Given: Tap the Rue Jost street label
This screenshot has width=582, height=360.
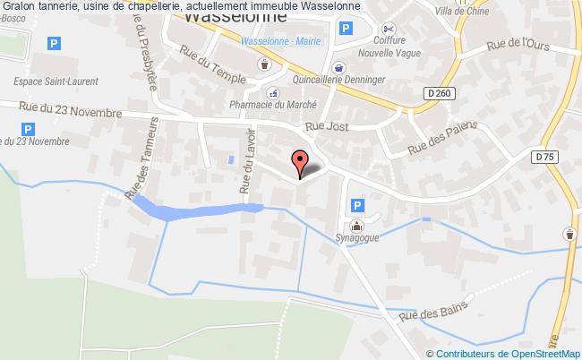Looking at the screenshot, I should tap(326, 128).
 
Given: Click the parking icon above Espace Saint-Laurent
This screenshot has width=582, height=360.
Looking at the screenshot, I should tap(55, 43).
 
